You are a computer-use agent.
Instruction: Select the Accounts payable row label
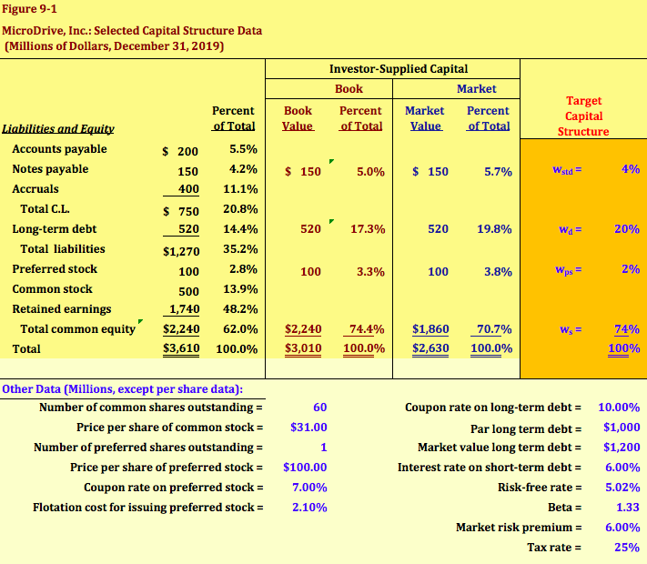(59, 149)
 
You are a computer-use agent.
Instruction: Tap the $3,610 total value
(181, 348)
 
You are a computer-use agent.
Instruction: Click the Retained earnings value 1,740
(182, 309)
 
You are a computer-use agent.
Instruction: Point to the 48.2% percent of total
(240, 309)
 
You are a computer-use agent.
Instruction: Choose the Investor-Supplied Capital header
(399, 69)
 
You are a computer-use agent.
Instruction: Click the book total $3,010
(303, 348)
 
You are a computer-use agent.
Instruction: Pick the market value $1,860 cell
(430, 329)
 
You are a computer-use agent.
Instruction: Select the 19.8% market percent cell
(494, 229)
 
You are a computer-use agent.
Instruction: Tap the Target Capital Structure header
(583, 116)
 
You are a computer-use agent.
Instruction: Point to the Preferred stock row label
(55, 269)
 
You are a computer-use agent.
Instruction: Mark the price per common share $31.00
(308, 428)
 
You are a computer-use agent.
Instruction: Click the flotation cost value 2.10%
(308, 508)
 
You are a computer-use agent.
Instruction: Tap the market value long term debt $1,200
(622, 448)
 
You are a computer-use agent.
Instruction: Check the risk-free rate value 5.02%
(622, 488)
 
